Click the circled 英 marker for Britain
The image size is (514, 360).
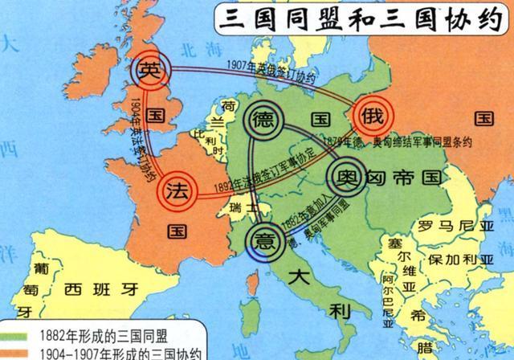click(150, 70)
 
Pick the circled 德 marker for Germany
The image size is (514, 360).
click(262, 122)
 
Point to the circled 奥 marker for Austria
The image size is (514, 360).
click(347, 175)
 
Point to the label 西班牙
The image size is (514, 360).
click(97, 287)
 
